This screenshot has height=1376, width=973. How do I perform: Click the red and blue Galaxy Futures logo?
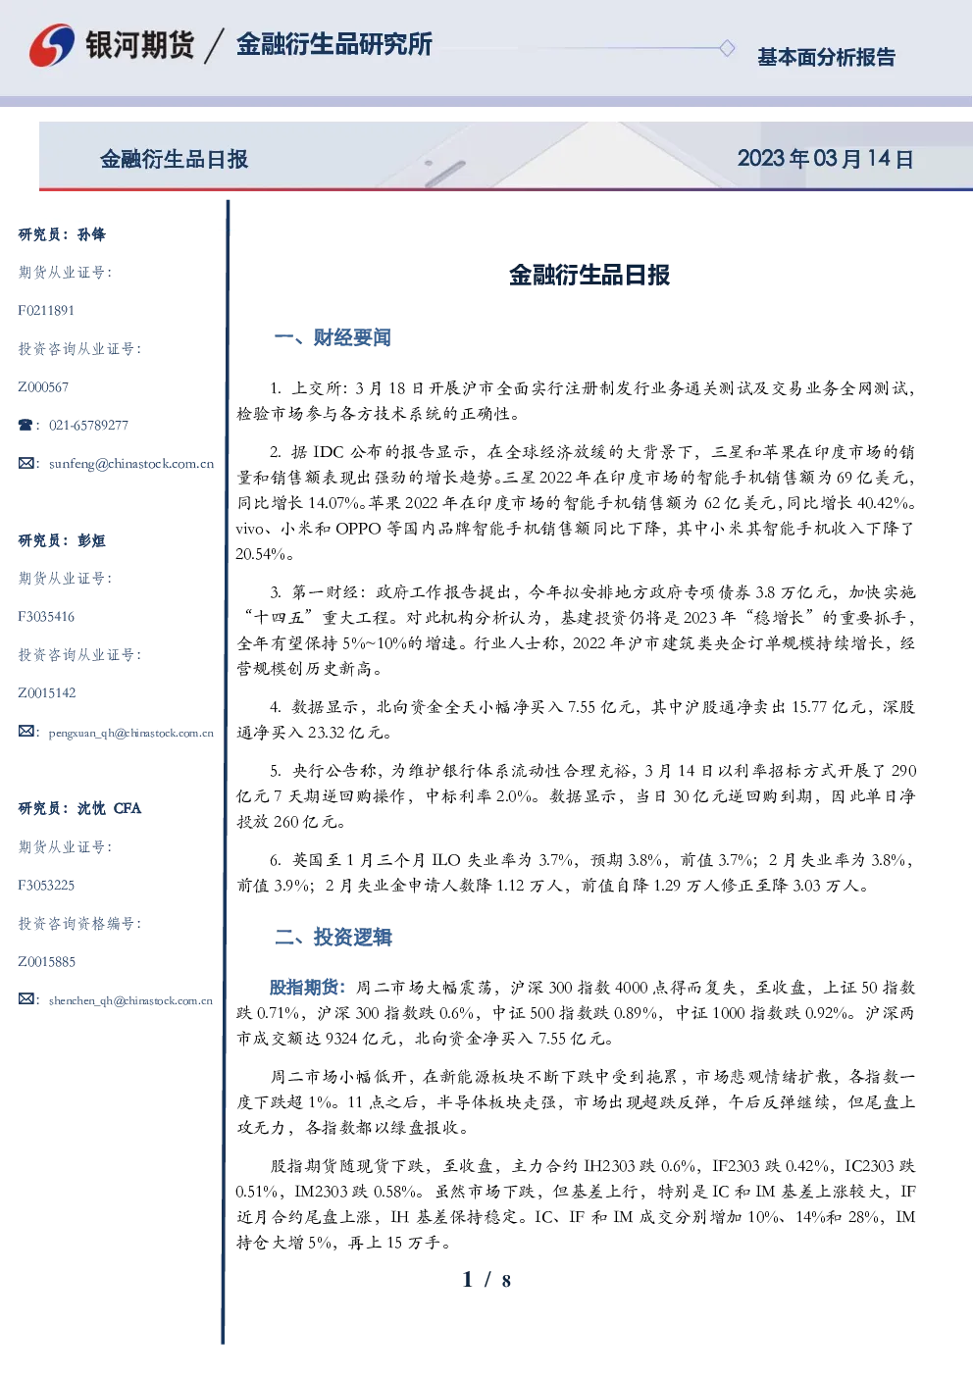tap(52, 45)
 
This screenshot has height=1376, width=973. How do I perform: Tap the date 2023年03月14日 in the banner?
tap(825, 159)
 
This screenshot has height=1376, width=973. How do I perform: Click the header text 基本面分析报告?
tap(826, 57)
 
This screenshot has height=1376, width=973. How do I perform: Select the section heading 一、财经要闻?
tap(333, 337)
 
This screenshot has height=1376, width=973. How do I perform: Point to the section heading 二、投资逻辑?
tap(333, 937)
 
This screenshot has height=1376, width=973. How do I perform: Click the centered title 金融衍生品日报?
tap(589, 275)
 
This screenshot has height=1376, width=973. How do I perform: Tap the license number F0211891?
tap(46, 310)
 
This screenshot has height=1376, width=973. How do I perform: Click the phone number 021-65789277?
tap(88, 425)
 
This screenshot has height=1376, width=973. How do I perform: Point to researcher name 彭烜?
tap(91, 540)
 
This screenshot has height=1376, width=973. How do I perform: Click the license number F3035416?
tap(46, 616)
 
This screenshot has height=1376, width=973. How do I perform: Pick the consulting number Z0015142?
tap(47, 693)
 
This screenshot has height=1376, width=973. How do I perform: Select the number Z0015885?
tap(47, 961)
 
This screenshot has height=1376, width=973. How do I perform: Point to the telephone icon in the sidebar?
tap(26, 425)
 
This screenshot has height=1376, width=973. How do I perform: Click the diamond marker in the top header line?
tap(727, 48)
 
